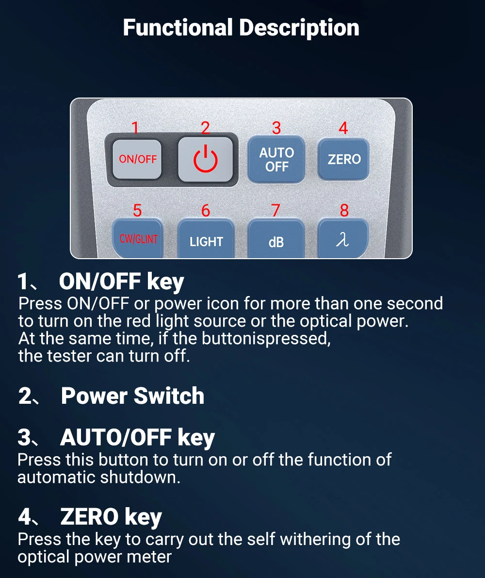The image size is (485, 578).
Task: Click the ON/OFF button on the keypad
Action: click(137, 159)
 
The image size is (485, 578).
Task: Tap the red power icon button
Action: click(206, 159)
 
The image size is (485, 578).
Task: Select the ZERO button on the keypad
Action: click(343, 159)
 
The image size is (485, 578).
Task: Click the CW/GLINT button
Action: click(138, 238)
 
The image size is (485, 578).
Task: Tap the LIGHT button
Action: click(206, 239)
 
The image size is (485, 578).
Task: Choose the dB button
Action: click(276, 239)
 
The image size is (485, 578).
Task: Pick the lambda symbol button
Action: click(343, 238)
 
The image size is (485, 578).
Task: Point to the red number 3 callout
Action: click(276, 128)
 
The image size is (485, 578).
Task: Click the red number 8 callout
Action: click(344, 211)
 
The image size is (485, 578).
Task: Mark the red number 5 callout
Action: click(137, 211)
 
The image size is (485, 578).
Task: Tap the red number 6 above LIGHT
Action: click(206, 211)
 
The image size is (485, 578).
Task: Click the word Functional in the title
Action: click(178, 28)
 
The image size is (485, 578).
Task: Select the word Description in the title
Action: click(299, 28)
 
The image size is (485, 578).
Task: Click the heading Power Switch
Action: click(132, 396)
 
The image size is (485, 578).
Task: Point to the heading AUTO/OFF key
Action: click(137, 438)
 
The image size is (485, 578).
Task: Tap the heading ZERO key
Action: click(111, 517)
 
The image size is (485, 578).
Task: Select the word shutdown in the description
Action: click(140, 477)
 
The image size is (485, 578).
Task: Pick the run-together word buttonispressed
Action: click(266, 339)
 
